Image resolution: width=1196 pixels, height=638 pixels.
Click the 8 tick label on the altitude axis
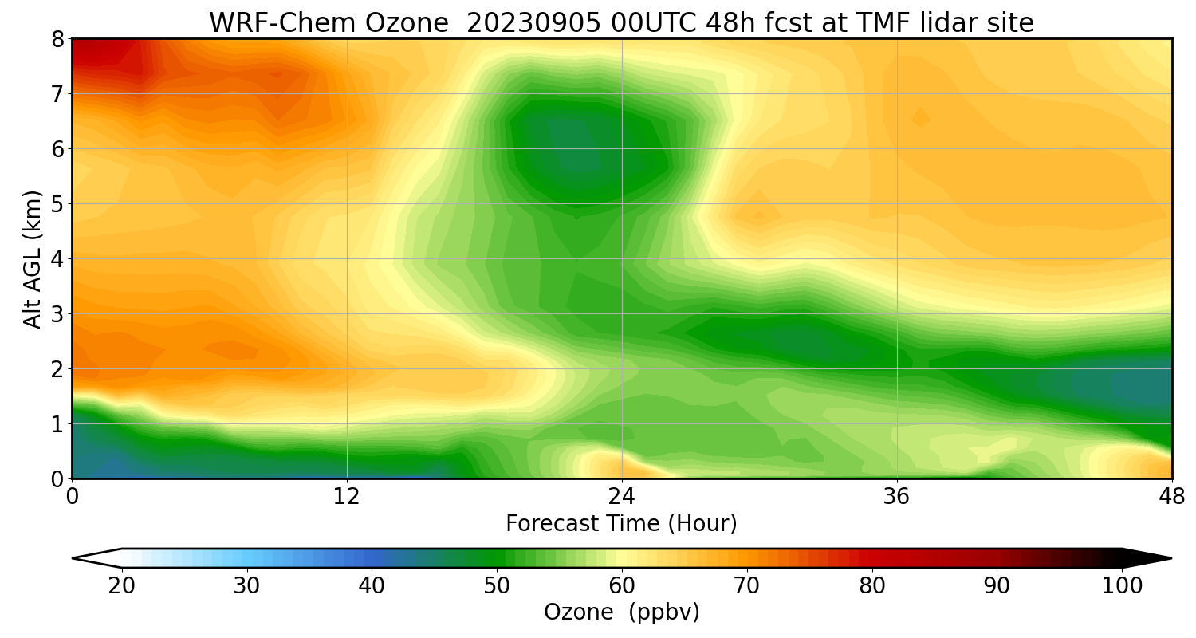click(58, 39)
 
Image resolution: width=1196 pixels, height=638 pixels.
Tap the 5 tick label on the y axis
click(58, 204)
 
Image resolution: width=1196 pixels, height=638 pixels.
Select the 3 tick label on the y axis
click(58, 314)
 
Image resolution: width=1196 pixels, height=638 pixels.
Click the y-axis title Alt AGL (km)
click(33, 259)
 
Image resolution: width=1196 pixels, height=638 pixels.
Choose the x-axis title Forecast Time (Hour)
click(621, 524)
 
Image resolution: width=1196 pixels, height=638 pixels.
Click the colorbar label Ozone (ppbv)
click(621, 612)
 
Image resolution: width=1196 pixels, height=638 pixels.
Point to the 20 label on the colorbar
click(122, 586)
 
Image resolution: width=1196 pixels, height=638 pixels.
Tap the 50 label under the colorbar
click(497, 586)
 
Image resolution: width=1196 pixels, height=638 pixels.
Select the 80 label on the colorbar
click(871, 586)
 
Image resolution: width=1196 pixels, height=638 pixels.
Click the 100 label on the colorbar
click(1122, 586)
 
